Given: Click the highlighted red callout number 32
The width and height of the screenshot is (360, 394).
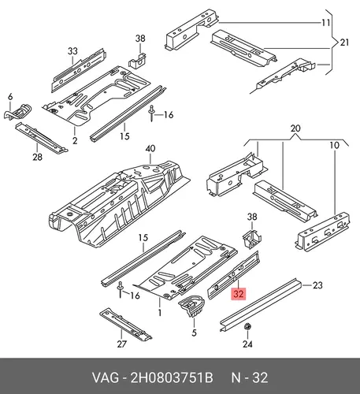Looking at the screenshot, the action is click(x=239, y=293).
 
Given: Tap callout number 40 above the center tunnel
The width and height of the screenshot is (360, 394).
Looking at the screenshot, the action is click(x=150, y=149).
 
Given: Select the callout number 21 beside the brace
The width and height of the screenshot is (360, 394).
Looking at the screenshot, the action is click(x=344, y=43).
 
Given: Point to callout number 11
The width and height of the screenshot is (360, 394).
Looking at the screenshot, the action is click(x=326, y=23).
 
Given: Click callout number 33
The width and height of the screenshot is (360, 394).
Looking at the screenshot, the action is click(x=72, y=50).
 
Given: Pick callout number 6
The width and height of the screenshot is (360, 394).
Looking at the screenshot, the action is click(x=10, y=97).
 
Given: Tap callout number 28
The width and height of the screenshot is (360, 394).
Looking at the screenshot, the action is click(x=37, y=157).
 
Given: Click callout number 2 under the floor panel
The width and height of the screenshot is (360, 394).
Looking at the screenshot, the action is click(x=75, y=140).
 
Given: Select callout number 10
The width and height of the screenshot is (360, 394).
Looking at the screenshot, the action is click(x=334, y=145).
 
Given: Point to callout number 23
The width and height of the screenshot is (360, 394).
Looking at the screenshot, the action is click(x=317, y=285).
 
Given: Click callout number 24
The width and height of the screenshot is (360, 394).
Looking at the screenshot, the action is click(x=247, y=344).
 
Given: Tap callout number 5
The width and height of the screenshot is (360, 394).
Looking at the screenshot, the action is click(x=194, y=333).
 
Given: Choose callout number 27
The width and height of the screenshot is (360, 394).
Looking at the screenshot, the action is click(x=122, y=344).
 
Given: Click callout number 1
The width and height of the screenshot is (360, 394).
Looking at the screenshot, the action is click(x=160, y=313).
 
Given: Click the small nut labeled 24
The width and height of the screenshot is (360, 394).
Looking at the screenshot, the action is click(x=247, y=327).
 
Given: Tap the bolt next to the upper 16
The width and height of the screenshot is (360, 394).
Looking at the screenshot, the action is click(x=151, y=113).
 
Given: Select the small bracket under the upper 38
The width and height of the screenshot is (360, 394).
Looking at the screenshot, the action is click(x=138, y=61).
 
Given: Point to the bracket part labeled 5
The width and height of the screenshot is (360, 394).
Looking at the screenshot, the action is click(x=192, y=306).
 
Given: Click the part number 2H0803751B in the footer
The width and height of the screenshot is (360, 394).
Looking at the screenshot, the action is click(x=172, y=377).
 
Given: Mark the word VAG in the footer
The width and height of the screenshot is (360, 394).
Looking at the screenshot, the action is click(x=105, y=377).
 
